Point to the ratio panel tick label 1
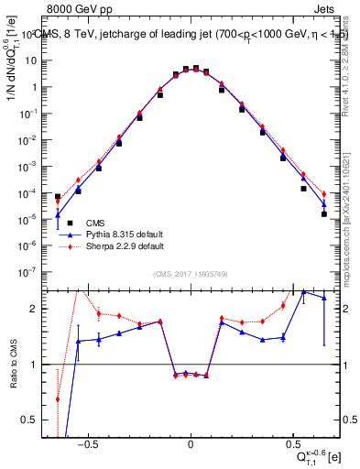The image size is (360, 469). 40,365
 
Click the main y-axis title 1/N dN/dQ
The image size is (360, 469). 15,82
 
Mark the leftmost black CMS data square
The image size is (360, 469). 58,196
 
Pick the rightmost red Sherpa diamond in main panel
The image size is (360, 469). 324,193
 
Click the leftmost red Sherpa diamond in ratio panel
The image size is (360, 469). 58,399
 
